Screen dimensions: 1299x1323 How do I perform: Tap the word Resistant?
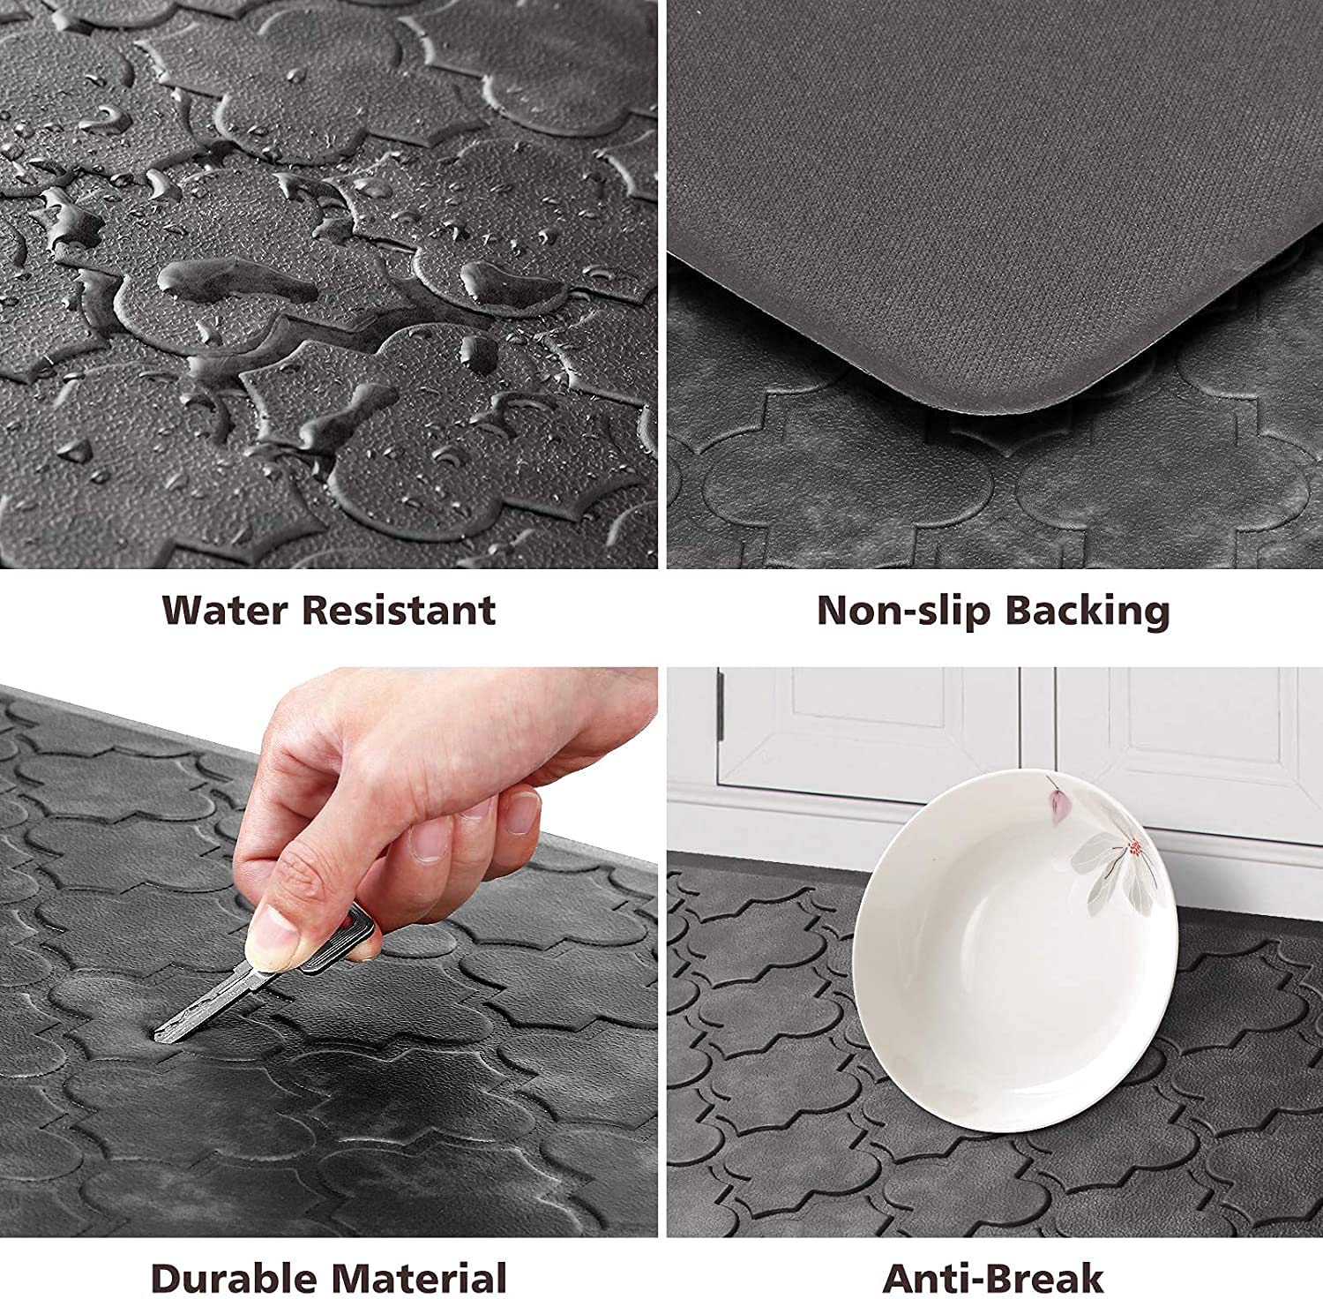401,610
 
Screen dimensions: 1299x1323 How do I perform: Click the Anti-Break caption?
993,1278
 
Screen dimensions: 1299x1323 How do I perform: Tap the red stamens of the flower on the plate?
1134,850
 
